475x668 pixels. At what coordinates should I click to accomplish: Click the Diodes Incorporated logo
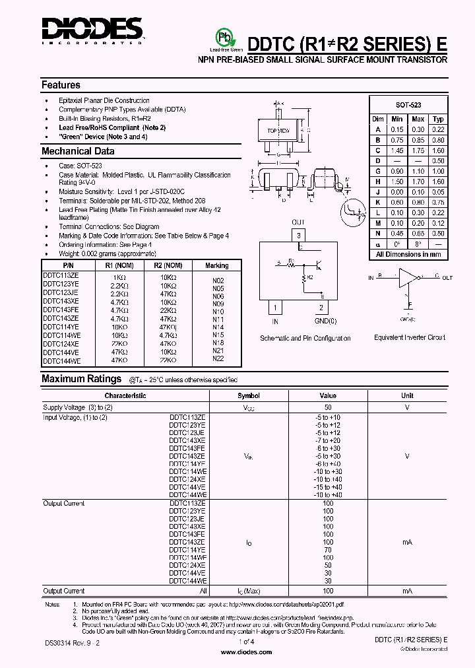click(92, 30)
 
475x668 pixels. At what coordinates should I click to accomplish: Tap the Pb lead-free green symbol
click(226, 37)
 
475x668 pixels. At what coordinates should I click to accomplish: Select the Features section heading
click(61, 85)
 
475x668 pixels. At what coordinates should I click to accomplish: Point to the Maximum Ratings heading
click(81, 379)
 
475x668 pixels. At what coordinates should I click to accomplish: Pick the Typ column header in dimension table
click(438, 119)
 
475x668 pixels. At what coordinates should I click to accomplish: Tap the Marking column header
click(216, 265)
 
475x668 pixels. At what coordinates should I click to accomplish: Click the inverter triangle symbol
click(408, 277)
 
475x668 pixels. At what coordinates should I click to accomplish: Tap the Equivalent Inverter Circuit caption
click(410, 337)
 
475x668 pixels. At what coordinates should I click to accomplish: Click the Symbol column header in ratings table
click(249, 396)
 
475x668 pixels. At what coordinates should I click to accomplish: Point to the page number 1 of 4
click(245, 642)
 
